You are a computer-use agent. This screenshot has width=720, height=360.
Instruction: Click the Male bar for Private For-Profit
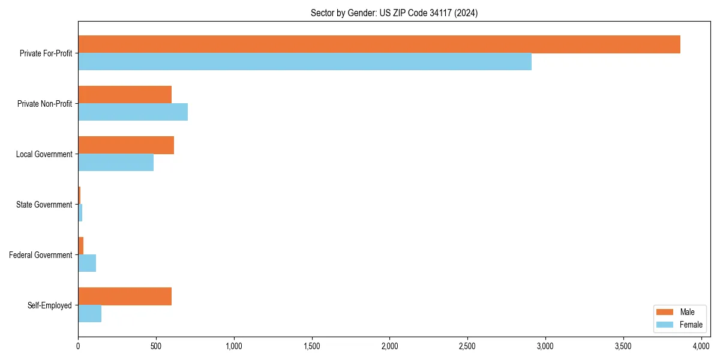click(379, 44)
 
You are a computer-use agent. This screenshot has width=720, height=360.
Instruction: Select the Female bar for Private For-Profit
click(305, 62)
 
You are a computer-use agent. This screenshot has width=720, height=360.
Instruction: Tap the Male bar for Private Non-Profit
click(125, 95)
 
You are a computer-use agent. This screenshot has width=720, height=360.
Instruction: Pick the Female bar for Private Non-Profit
click(133, 112)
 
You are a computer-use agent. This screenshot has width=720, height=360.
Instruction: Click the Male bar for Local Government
click(126, 145)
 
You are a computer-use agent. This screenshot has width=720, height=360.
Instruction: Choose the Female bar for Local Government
click(116, 163)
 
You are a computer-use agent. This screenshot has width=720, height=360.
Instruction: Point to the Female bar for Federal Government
click(87, 263)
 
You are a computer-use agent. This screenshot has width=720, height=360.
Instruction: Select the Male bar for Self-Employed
click(125, 296)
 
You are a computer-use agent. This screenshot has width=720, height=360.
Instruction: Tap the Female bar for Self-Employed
click(90, 314)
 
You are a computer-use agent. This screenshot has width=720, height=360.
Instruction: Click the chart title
click(394, 13)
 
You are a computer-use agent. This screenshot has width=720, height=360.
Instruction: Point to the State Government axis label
click(44, 205)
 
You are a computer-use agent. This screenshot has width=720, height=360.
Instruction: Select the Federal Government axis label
click(41, 255)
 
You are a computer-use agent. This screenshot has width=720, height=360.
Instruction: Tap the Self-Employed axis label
click(50, 305)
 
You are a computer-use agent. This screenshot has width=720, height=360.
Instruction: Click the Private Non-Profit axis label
click(44, 104)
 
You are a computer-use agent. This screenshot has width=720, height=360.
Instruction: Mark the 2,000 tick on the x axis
click(389, 346)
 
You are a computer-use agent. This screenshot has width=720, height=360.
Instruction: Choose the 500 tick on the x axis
click(156, 346)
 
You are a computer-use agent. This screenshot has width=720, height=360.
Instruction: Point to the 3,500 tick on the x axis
click(623, 346)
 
